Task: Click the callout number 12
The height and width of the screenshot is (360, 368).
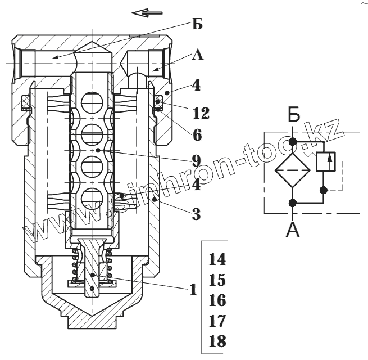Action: [201, 113]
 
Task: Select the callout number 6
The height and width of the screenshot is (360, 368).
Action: [197, 135]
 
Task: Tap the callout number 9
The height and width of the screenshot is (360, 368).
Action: [197, 161]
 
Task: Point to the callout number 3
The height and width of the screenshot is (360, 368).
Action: [197, 214]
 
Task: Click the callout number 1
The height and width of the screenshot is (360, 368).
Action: [193, 289]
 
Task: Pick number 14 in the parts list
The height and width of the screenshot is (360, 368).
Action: [217, 259]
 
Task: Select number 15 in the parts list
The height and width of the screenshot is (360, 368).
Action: [217, 280]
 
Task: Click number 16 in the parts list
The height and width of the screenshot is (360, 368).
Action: [217, 300]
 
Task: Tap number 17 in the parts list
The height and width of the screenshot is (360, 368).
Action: [217, 321]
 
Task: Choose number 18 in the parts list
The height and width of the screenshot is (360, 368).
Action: [217, 341]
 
